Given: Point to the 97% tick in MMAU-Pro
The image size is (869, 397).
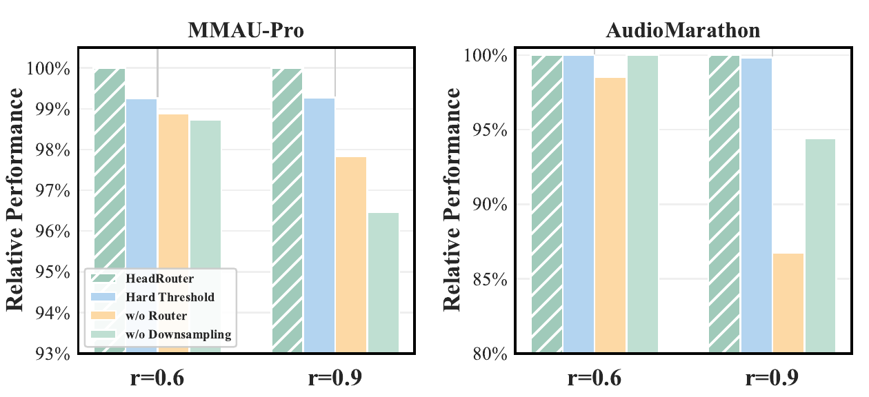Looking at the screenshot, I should (x=50, y=191).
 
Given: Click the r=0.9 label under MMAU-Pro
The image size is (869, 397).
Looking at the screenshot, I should (x=334, y=378).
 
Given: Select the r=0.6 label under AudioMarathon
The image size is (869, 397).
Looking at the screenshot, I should (x=595, y=378).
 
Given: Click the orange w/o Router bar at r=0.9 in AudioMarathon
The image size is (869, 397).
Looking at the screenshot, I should (x=788, y=303).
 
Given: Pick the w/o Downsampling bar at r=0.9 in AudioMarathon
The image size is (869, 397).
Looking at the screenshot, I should (x=820, y=246).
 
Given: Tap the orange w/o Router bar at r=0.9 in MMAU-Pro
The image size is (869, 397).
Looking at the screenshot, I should (x=351, y=255).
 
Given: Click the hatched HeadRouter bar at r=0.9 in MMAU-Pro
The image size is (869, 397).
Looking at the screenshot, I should (x=288, y=211).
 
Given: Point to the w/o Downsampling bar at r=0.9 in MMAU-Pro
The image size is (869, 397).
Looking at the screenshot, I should (x=383, y=283).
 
